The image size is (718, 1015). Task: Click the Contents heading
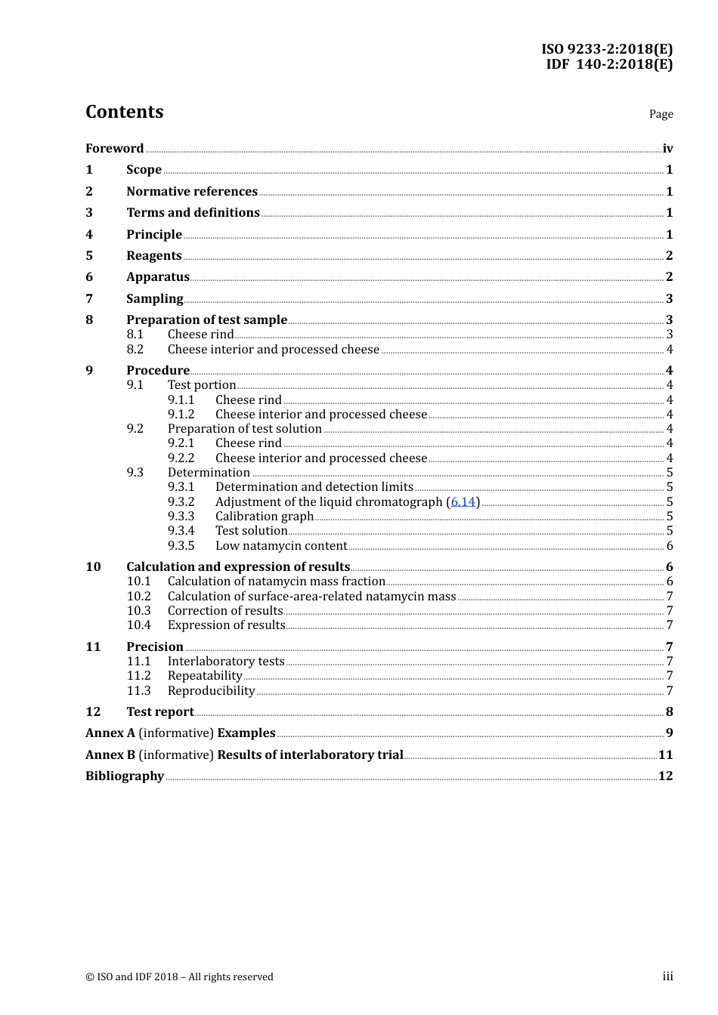(x=124, y=112)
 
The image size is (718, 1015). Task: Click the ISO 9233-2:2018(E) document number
(x=606, y=49)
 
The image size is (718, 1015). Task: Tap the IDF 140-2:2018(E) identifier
(x=609, y=64)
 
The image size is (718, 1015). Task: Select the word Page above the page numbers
(x=661, y=114)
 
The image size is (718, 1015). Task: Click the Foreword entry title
(x=114, y=149)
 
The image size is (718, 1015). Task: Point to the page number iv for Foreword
(x=667, y=149)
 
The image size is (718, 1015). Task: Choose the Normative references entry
(x=192, y=192)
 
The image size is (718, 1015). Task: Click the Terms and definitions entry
(x=193, y=213)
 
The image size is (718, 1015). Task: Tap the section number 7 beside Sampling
(x=89, y=299)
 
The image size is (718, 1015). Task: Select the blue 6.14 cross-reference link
(x=463, y=502)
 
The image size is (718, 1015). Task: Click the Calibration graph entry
(x=265, y=517)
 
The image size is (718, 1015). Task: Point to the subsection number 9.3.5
(x=181, y=546)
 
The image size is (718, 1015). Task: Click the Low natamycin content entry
(x=281, y=546)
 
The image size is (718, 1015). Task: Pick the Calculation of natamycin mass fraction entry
(x=277, y=582)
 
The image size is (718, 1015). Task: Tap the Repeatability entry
(x=205, y=676)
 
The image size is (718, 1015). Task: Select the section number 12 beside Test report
(x=93, y=712)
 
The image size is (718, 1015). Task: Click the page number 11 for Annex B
(x=665, y=755)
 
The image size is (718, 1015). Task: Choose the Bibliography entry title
(x=125, y=776)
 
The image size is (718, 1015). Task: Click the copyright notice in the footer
(x=179, y=976)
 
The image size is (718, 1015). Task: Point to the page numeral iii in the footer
(x=667, y=976)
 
